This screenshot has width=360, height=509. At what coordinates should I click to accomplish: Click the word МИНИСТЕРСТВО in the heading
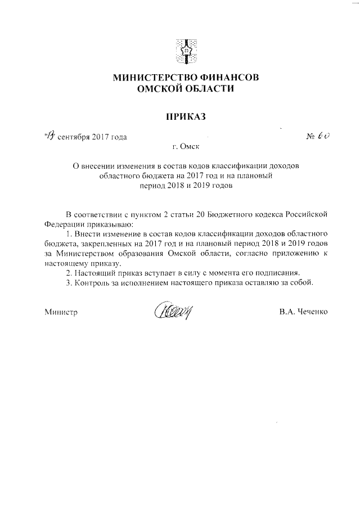[148, 78]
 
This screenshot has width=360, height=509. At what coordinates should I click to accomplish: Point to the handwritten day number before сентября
[49, 136]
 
